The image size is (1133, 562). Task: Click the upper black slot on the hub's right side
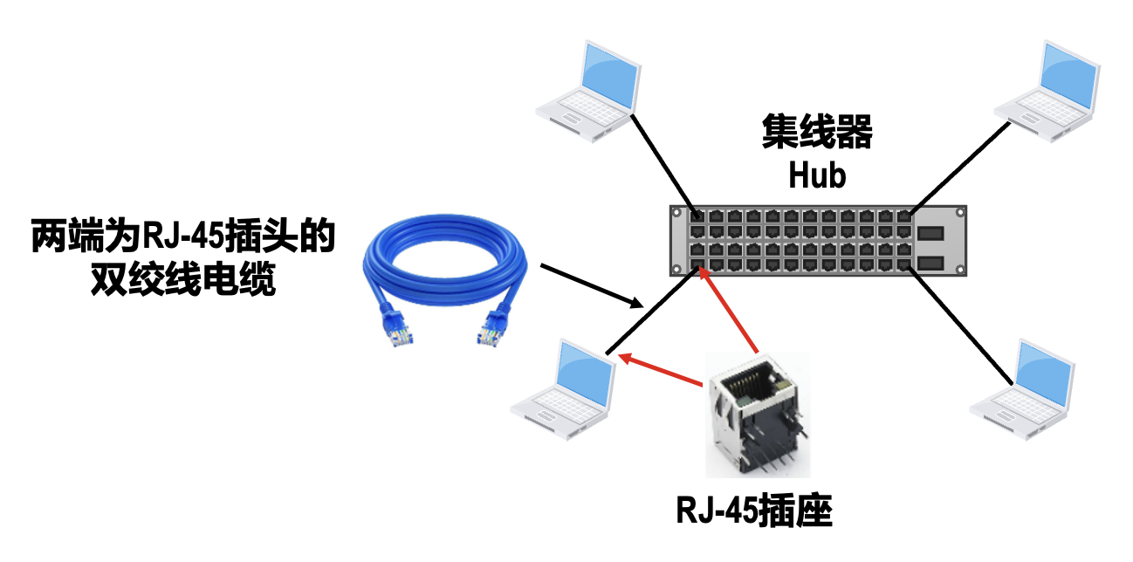pyautogui.click(x=930, y=234)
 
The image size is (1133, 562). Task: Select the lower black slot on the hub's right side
pyautogui.click(x=930, y=263)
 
